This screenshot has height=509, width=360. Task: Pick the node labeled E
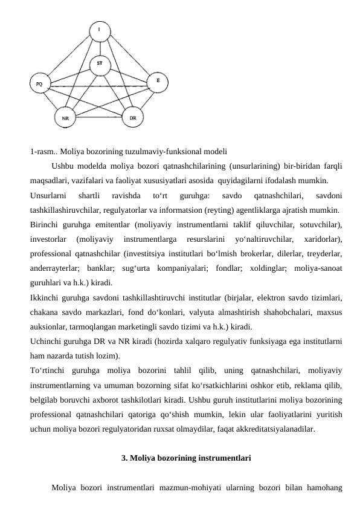click(x=158, y=80)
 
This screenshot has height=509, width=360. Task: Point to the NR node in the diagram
click(x=65, y=118)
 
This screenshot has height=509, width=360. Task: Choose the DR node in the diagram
click(x=133, y=117)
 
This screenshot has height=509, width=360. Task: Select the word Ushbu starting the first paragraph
click(x=64, y=166)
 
